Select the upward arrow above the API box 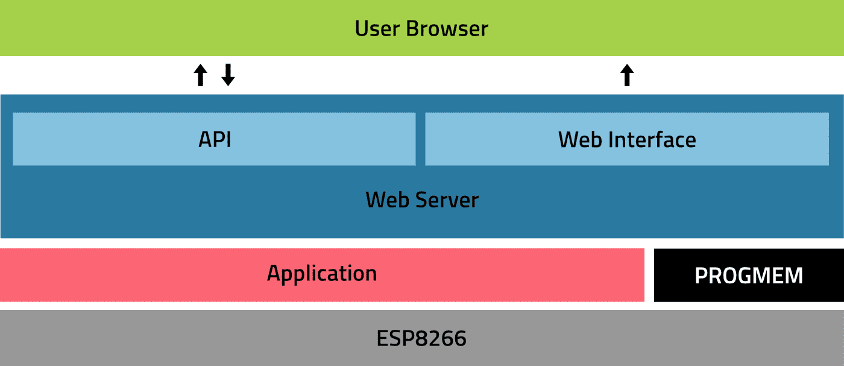(201, 75)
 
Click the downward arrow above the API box (228, 75)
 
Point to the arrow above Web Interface (627, 75)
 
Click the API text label (215, 139)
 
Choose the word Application (322, 274)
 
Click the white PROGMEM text (749, 276)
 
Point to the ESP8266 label (421, 339)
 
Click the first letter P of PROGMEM (701, 276)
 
